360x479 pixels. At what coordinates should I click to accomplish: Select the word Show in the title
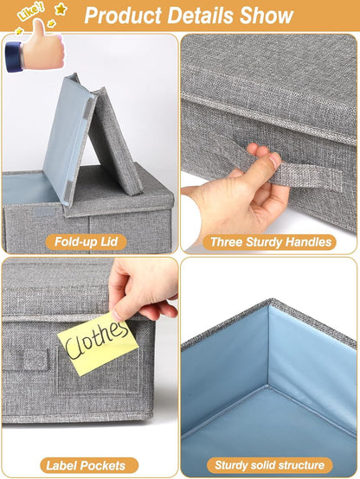click(273, 16)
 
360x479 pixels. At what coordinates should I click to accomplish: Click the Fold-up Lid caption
click(89, 242)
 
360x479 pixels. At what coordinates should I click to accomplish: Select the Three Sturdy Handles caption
click(269, 242)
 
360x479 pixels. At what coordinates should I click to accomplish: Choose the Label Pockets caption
click(89, 465)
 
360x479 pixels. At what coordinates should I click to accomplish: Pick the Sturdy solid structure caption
click(270, 465)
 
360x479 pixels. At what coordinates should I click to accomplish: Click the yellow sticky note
click(98, 343)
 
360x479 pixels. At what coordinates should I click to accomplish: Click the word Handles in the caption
click(308, 242)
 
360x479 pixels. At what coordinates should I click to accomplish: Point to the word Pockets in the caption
click(109, 465)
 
